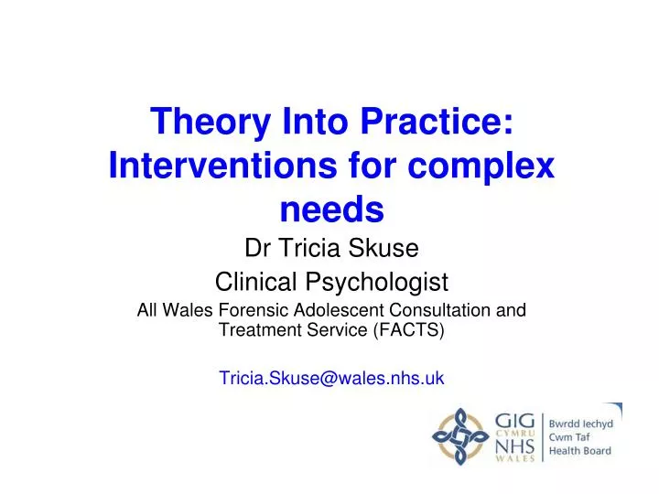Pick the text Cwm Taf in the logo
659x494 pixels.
(x=569, y=436)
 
